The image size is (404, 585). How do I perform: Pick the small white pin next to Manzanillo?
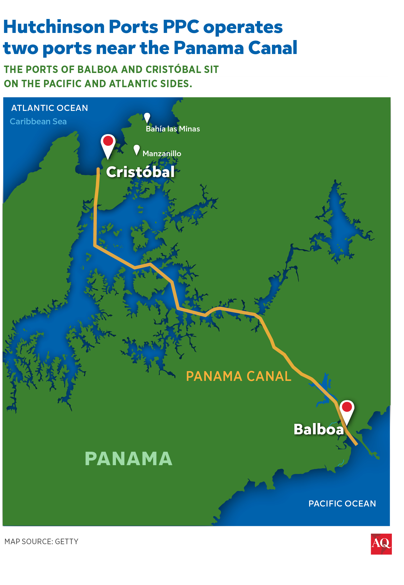[137, 149]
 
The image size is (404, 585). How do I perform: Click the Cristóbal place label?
[140, 172]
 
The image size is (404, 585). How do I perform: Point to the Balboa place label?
[319, 429]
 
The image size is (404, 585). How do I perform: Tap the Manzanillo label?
[162, 154]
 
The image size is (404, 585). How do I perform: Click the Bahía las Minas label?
[173, 129]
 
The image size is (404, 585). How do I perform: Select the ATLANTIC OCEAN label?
[50, 108]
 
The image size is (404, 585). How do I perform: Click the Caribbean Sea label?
[38, 121]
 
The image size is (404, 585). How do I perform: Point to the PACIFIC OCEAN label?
[342, 504]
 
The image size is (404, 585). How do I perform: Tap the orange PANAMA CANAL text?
[238, 376]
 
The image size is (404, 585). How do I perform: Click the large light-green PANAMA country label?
[129, 459]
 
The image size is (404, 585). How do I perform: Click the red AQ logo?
[381, 544]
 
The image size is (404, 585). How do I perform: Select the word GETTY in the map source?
[67, 542]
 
